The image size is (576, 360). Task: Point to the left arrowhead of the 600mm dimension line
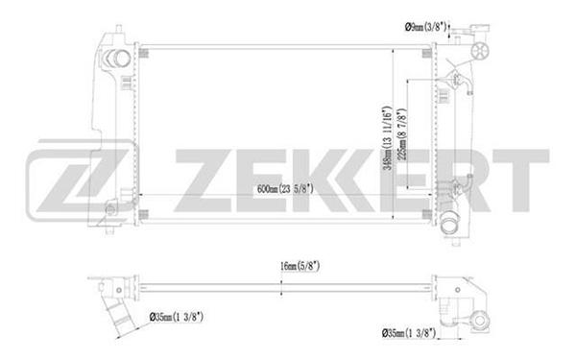pos(144,196)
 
